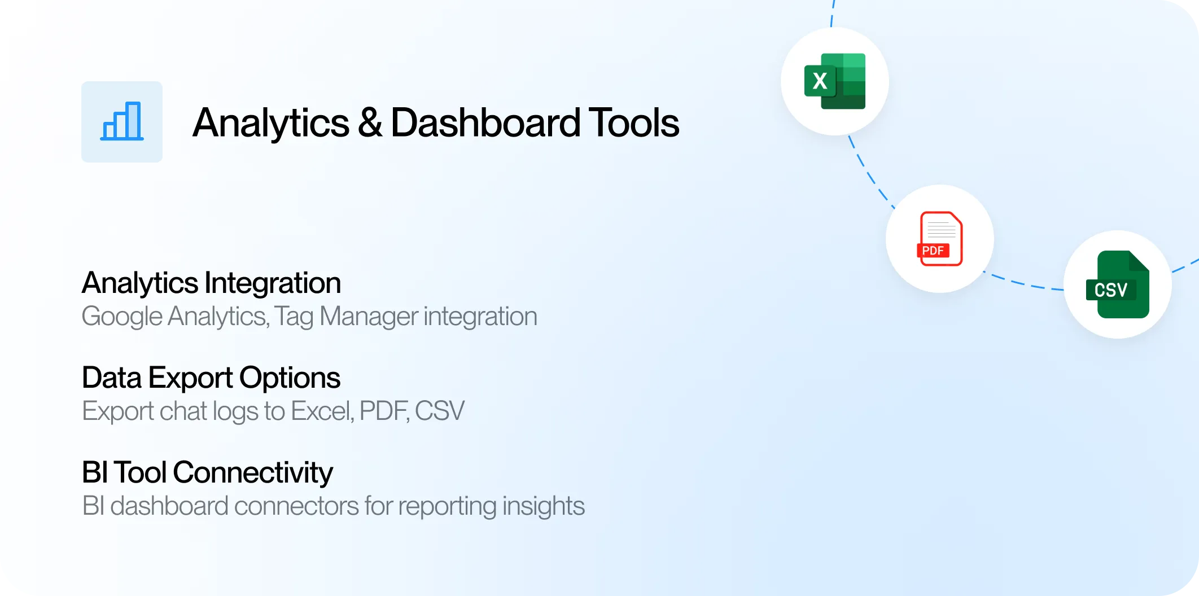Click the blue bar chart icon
tap(122, 121)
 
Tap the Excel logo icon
tap(835, 81)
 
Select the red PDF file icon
tap(940, 239)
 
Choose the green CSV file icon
tap(1118, 284)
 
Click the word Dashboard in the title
tap(485, 122)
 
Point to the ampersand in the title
tap(370, 122)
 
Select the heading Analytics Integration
tap(211, 283)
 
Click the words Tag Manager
tap(354, 317)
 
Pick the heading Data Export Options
tap(211, 378)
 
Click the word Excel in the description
tap(322, 411)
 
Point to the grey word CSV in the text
tap(439, 411)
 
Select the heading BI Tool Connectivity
tap(207, 473)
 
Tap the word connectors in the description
tap(296, 506)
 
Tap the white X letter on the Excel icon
tap(820, 81)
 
